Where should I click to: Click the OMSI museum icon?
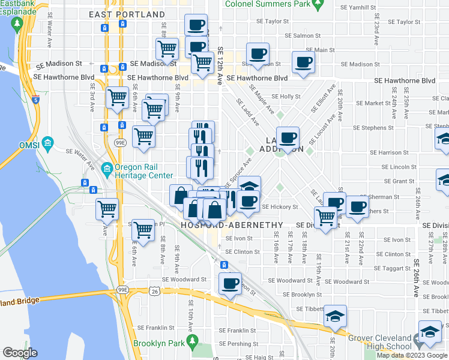(x=48, y=145)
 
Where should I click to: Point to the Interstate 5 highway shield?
(x=37, y=100)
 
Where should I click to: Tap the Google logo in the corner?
(x=20, y=353)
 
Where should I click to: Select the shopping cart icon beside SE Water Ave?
(x=107, y=209)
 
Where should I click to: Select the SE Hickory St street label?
(x=280, y=207)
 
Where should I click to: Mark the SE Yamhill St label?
(x=357, y=7)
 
